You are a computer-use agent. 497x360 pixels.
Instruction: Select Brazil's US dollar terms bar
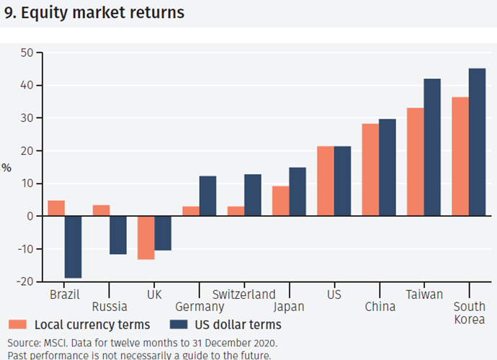[x=73, y=247]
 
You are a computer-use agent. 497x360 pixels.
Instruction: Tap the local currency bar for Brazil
[x=56, y=208]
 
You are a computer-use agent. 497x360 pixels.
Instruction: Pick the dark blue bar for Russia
[x=118, y=235]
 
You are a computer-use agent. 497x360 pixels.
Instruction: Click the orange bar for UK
[x=146, y=238]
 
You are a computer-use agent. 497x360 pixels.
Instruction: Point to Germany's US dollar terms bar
[x=207, y=196]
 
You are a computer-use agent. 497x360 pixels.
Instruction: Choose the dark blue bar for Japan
[x=297, y=192]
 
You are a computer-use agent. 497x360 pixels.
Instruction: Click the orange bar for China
[x=370, y=170]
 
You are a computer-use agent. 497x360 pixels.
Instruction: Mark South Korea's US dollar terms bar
[x=477, y=143]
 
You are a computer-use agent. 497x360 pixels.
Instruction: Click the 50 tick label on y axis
[x=27, y=53]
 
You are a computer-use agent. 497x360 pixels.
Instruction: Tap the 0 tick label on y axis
[x=30, y=216]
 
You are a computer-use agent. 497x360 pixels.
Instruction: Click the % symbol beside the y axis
[x=6, y=168]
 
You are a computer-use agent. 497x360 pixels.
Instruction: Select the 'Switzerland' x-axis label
[x=244, y=294]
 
